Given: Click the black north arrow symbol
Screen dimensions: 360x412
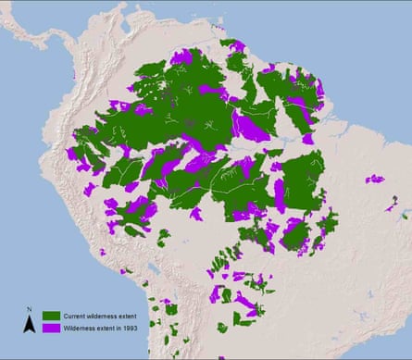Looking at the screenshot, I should [x=30, y=323].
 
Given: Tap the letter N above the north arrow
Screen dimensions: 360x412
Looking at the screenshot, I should [x=30, y=311].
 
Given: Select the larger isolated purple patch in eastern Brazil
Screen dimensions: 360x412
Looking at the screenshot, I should [x=374, y=179].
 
